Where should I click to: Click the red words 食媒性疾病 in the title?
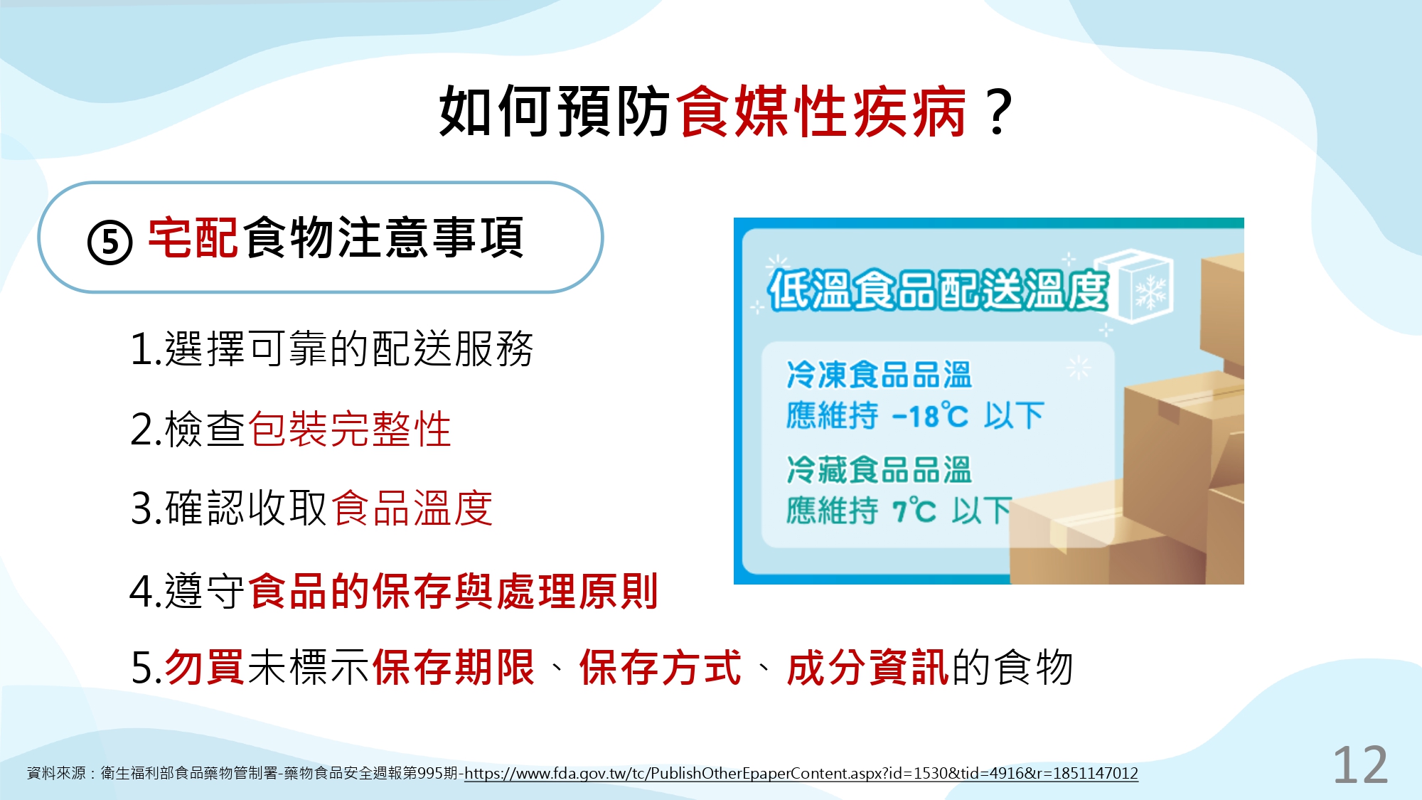(x=821, y=111)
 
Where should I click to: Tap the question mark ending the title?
(x=999, y=112)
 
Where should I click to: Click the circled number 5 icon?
(x=109, y=242)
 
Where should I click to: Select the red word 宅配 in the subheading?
(x=193, y=238)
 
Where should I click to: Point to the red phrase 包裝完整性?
(x=350, y=430)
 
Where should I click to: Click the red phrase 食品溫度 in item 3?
(x=412, y=508)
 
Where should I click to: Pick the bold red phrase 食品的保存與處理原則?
(x=454, y=592)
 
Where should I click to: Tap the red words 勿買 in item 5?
(x=205, y=668)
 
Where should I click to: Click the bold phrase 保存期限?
(x=453, y=668)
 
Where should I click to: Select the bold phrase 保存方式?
(x=661, y=668)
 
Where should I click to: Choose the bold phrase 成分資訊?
(x=868, y=668)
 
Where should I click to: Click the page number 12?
(x=1360, y=766)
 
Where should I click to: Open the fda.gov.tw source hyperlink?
(x=801, y=774)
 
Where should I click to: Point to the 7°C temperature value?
(x=914, y=511)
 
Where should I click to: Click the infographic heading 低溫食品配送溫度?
(x=938, y=290)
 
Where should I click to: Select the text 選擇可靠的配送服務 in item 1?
(x=349, y=349)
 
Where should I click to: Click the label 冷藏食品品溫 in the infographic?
(x=879, y=470)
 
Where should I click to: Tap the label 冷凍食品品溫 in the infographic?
(x=879, y=375)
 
